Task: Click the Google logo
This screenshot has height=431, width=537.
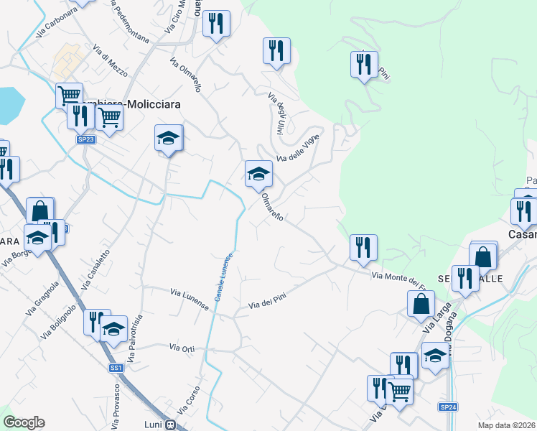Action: [x=24, y=422]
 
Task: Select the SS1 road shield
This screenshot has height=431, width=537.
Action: [x=116, y=368]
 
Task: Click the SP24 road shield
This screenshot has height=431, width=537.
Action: [x=448, y=407]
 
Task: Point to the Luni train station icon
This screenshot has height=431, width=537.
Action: [x=170, y=425]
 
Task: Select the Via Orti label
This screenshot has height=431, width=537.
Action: [x=182, y=348]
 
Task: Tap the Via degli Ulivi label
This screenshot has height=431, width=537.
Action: [x=277, y=114]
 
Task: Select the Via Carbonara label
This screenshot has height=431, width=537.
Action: [x=55, y=22]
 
